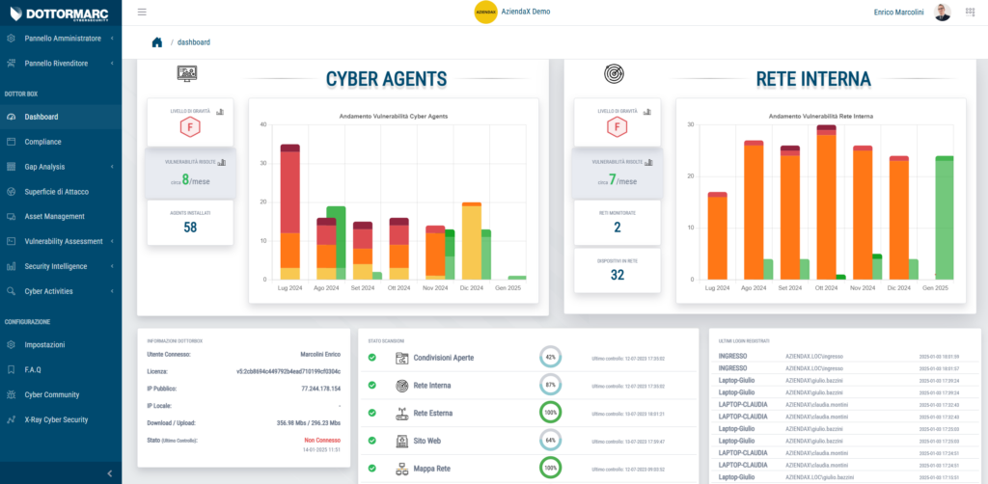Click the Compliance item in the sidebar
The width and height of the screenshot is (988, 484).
[x=42, y=142]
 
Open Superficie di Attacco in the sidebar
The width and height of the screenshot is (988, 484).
[x=56, y=191]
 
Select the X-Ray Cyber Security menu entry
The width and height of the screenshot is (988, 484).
[x=56, y=419]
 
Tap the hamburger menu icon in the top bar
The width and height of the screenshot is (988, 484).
[x=143, y=13]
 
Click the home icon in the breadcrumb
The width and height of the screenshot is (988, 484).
[x=156, y=41]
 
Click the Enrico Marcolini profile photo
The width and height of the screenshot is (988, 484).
[x=943, y=13]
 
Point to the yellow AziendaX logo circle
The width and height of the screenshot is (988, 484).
[x=485, y=13]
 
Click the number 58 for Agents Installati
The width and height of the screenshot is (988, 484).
[x=189, y=227]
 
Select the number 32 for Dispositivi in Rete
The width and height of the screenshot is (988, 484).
[x=617, y=274]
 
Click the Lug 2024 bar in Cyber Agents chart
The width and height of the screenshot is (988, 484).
[x=289, y=212]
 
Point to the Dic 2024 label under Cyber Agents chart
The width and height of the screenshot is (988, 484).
[x=471, y=287]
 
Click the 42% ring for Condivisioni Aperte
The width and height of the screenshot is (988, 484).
[x=550, y=358]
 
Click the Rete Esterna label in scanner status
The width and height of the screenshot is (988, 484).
[x=435, y=414]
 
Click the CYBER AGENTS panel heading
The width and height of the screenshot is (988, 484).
[x=386, y=79]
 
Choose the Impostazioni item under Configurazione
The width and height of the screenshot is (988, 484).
[x=44, y=344]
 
